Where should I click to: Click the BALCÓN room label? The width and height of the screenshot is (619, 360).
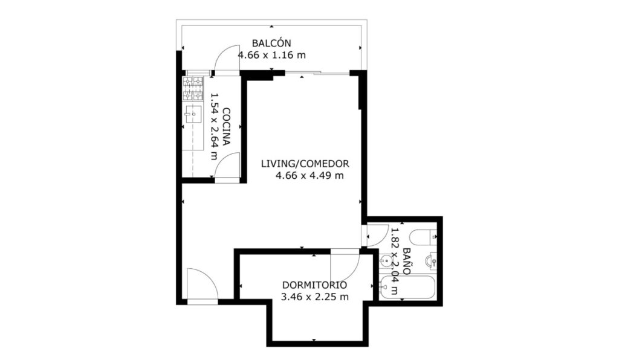click(x=271, y=43)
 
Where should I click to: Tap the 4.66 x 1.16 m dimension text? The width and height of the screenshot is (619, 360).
click(x=271, y=55)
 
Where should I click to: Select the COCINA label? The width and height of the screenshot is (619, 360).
click(x=226, y=127)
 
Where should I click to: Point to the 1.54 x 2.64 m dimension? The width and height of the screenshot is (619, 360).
click(x=214, y=127)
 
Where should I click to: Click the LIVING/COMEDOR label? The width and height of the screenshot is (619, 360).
click(x=305, y=163)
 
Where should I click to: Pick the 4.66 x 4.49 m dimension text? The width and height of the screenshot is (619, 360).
click(x=309, y=175)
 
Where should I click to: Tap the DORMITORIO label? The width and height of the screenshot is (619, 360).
click(x=314, y=285)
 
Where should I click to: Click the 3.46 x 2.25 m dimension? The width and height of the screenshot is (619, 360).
click(x=314, y=297)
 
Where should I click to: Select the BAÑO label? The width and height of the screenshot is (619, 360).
click(x=407, y=261)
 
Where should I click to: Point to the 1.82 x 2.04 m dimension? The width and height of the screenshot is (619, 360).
click(x=394, y=261)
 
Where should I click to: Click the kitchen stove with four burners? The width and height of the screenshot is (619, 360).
click(x=193, y=88)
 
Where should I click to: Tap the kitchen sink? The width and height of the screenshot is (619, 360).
click(x=193, y=114)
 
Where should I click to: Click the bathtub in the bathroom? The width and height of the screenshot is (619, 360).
click(x=407, y=288)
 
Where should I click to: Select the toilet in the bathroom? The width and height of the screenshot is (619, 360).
click(x=423, y=237)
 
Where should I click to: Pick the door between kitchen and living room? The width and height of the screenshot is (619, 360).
click(x=227, y=166)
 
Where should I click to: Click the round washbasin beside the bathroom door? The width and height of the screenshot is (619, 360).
click(x=386, y=260)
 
